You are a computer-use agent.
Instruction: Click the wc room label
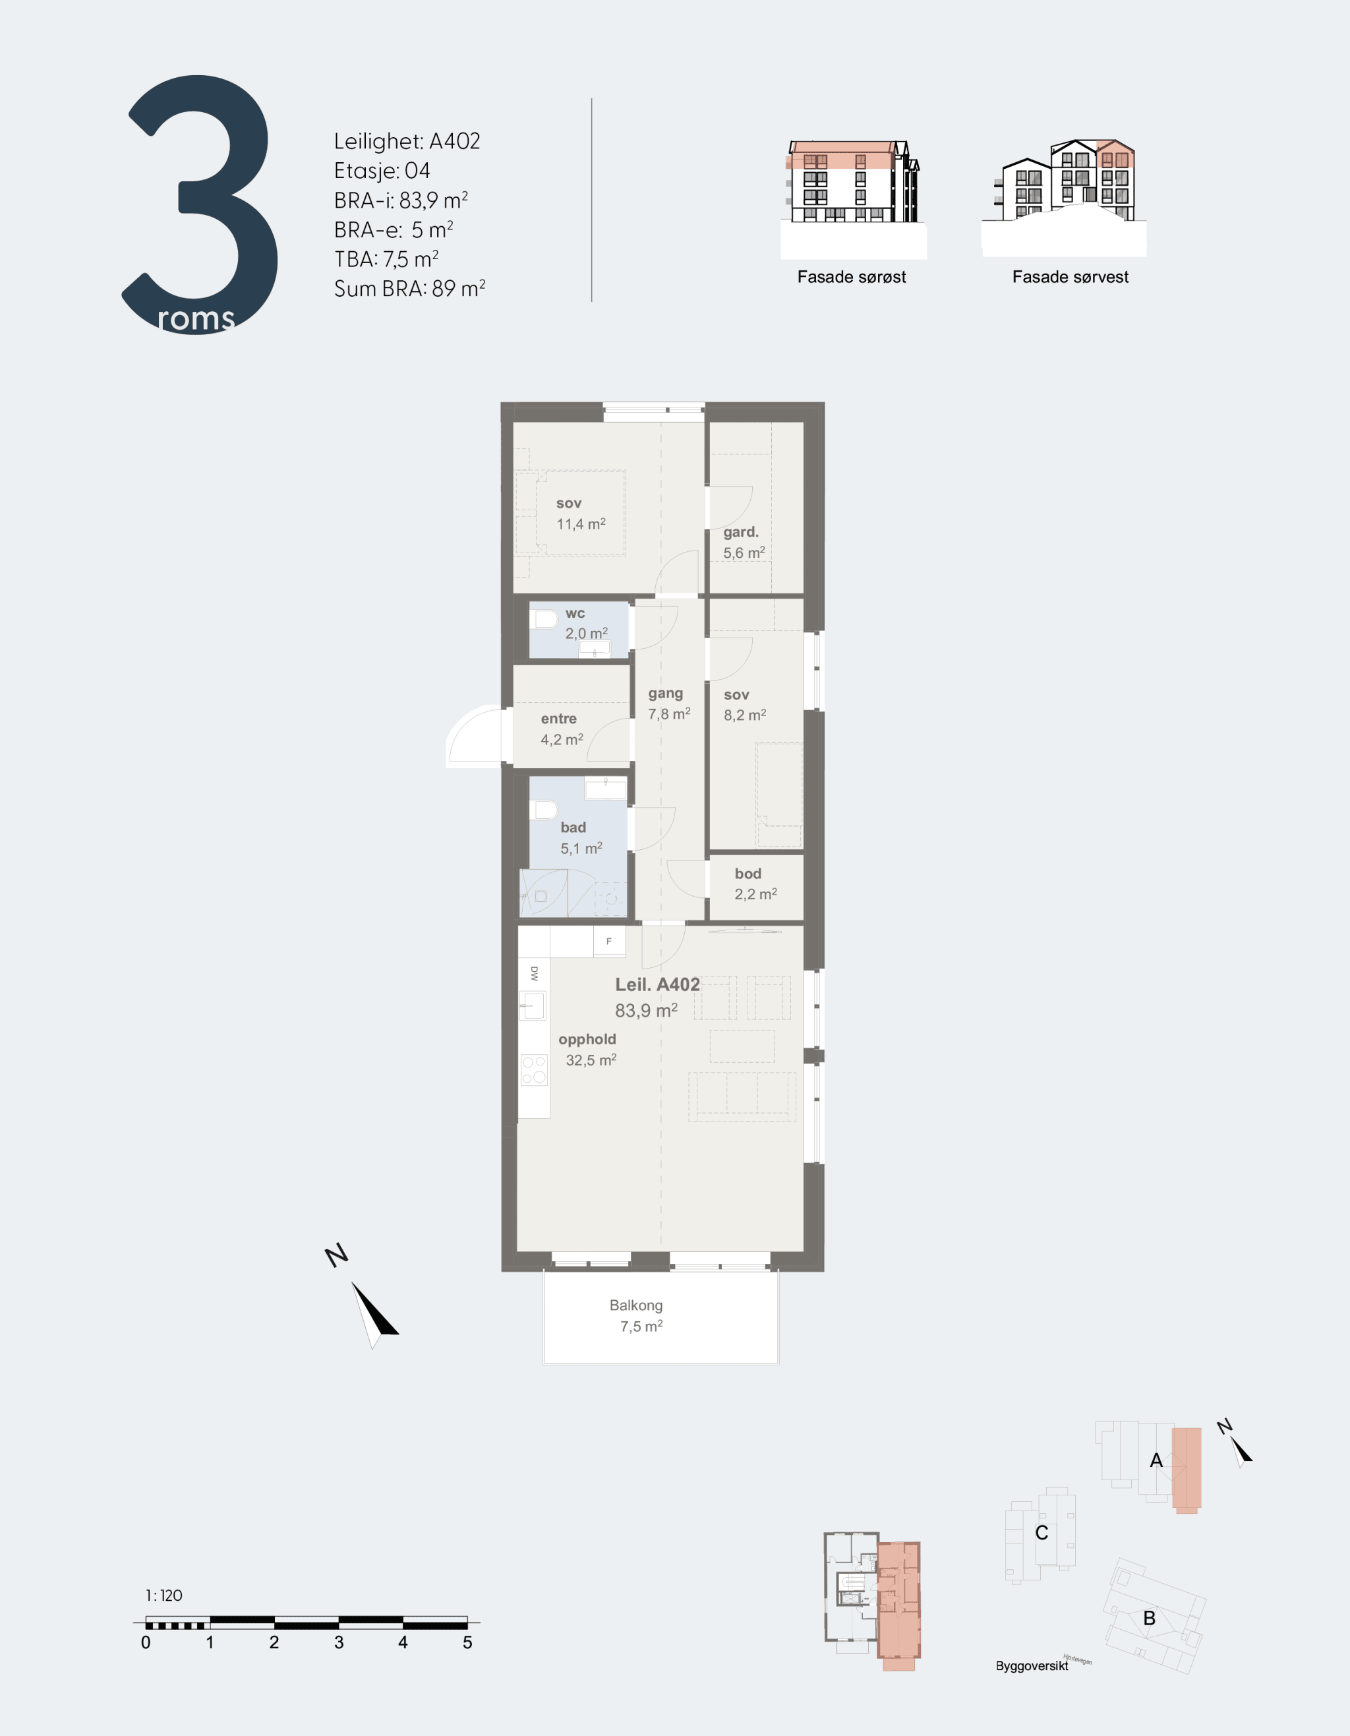575,614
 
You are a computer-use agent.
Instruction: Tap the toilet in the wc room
544,618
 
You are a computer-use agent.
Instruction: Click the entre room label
558,719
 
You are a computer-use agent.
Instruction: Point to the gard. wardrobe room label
740,532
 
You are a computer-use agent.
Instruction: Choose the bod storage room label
748,874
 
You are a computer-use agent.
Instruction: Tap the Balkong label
635,1305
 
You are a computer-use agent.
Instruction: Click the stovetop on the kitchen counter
534,1069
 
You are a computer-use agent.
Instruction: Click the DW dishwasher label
534,973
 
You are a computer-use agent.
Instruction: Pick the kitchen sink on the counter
533,1005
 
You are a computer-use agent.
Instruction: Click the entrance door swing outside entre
475,735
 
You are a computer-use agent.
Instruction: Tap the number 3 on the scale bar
339,1642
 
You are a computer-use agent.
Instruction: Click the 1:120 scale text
163,1596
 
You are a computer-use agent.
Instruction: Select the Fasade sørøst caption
852,277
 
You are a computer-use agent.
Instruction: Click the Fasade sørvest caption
1071,277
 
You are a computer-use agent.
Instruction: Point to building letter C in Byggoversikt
1042,1532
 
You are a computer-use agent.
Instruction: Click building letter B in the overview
1149,1617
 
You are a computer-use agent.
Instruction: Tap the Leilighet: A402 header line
407,142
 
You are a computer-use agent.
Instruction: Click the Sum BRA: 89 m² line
409,289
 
